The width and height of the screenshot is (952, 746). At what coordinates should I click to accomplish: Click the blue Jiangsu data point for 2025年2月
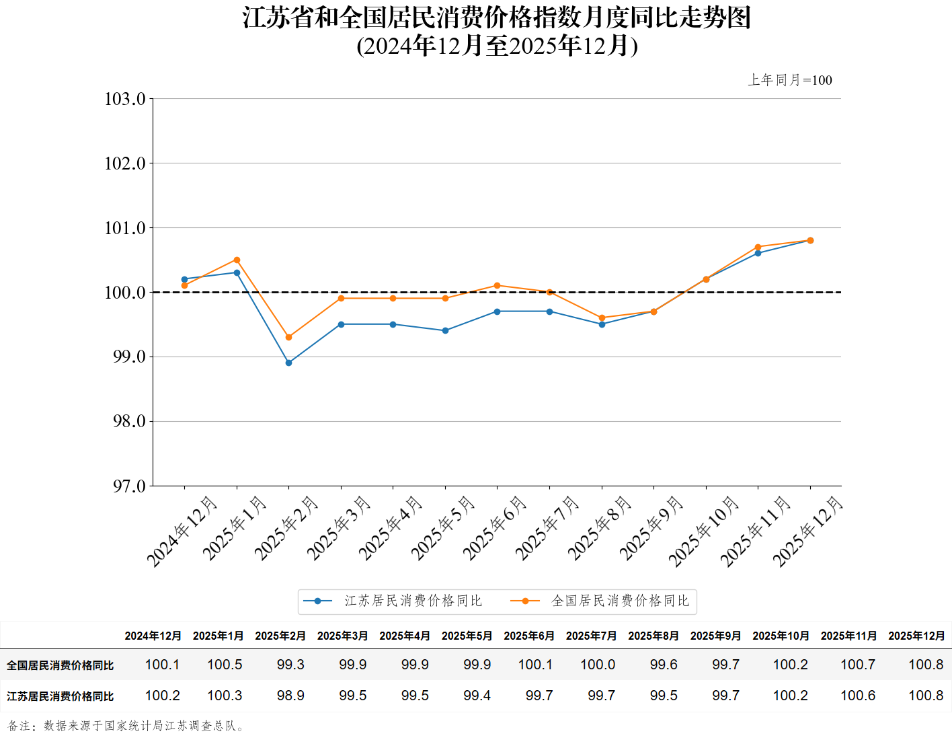pyautogui.click(x=289, y=363)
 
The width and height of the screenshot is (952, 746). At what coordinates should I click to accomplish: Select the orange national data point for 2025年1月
pyautogui.click(x=237, y=260)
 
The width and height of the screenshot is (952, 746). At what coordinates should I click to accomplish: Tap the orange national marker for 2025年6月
pyautogui.click(x=498, y=285)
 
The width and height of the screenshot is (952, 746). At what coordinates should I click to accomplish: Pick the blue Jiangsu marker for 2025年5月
pyautogui.click(x=445, y=330)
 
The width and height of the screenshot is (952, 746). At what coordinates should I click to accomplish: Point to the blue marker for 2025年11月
pyautogui.click(x=758, y=253)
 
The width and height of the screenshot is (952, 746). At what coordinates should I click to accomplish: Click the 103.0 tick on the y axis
pyautogui.click(x=125, y=99)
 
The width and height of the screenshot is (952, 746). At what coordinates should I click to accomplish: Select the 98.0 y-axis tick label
pyautogui.click(x=128, y=421)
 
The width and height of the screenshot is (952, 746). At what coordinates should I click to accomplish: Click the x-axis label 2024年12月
pyautogui.click(x=182, y=531)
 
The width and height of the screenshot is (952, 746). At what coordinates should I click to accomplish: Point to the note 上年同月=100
pyautogui.click(x=790, y=80)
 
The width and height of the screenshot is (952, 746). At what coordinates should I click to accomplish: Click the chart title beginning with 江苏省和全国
pyautogui.click(x=496, y=18)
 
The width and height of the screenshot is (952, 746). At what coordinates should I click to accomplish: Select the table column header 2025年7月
pyautogui.click(x=591, y=636)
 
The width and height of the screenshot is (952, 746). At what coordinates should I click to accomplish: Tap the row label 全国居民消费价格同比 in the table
pyautogui.click(x=61, y=665)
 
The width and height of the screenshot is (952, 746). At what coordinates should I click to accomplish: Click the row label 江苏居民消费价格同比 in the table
pyautogui.click(x=61, y=696)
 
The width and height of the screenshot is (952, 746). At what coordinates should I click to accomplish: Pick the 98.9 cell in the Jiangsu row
pyautogui.click(x=290, y=696)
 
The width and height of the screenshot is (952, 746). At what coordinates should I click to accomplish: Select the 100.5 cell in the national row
pyautogui.click(x=225, y=665)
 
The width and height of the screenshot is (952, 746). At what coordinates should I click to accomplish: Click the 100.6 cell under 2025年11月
pyautogui.click(x=858, y=696)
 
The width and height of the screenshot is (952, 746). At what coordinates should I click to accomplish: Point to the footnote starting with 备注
pyautogui.click(x=128, y=726)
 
